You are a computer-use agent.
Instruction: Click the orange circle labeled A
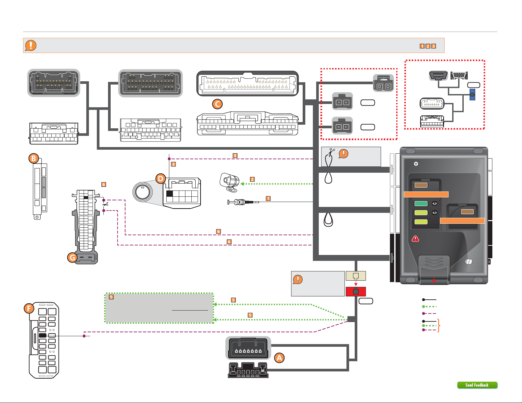coord(279,358)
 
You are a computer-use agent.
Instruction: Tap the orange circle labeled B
coord(34,159)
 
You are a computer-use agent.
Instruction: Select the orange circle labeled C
coord(217,104)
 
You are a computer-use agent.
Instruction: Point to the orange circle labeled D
coord(160,179)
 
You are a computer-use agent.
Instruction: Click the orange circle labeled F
coord(29,308)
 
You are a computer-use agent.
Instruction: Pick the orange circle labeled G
coord(72,257)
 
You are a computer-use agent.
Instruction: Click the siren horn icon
coord(229,182)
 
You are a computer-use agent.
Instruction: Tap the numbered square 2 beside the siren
coord(252,179)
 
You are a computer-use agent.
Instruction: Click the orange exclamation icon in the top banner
coord(31,45)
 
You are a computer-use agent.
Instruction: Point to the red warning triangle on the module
coord(415,239)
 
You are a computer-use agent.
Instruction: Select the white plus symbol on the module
coord(416,164)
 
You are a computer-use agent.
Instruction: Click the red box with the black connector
coord(356,291)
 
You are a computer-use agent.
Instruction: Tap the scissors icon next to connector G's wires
coord(105,205)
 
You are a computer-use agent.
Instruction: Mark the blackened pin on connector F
coord(42,336)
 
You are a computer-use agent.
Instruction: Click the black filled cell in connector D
coord(170,193)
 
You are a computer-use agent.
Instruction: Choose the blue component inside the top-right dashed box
coord(472,95)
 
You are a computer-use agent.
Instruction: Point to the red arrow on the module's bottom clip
coord(434,280)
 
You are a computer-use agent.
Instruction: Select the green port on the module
coord(421,204)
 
